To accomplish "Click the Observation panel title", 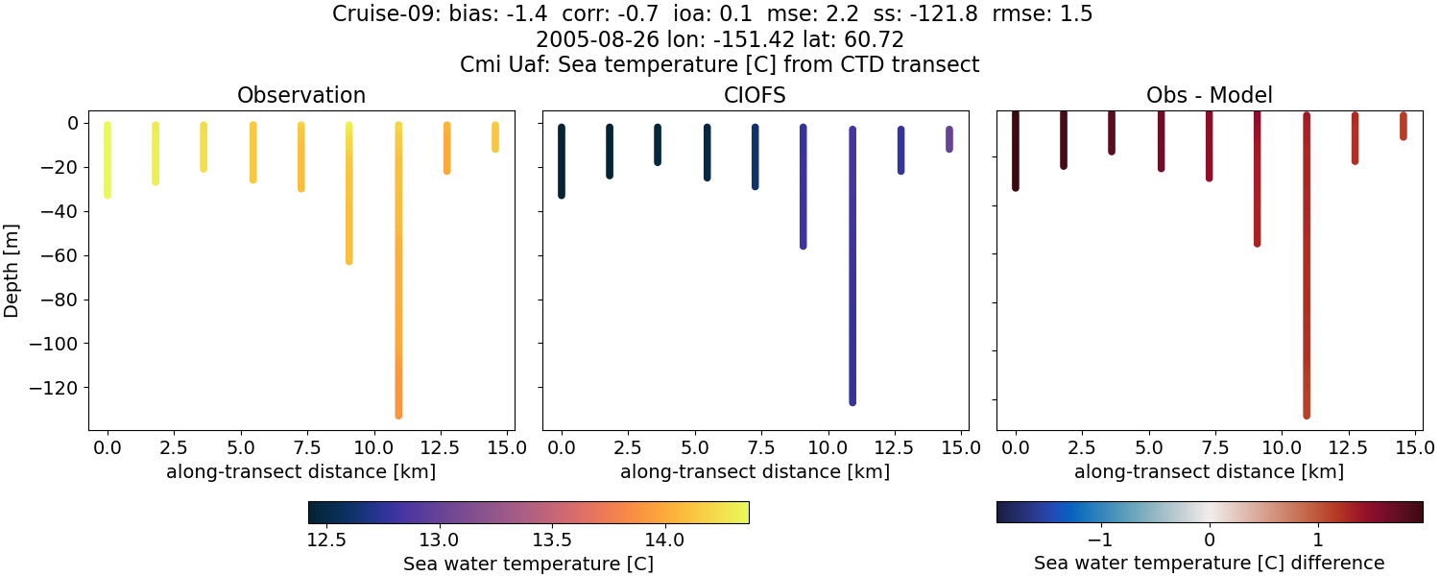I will coord(301,95).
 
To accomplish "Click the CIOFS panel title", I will coord(755,95).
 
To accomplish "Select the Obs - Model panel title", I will coord(1209,95).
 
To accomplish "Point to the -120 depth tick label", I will coord(59,388).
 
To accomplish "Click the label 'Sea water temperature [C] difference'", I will coord(1209,563).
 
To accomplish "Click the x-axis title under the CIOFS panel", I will coord(755,471).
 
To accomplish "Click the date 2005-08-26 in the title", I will coord(587,39).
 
